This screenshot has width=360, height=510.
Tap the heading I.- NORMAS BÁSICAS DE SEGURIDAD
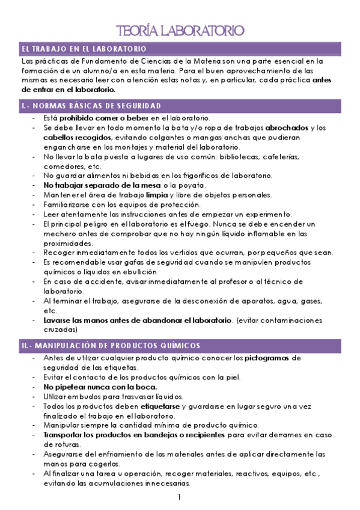click(x=91, y=106)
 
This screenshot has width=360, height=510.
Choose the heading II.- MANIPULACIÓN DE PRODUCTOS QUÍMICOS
click(x=111, y=346)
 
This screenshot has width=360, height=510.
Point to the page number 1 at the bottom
click(x=179, y=497)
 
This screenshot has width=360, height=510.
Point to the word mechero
click(x=60, y=233)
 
